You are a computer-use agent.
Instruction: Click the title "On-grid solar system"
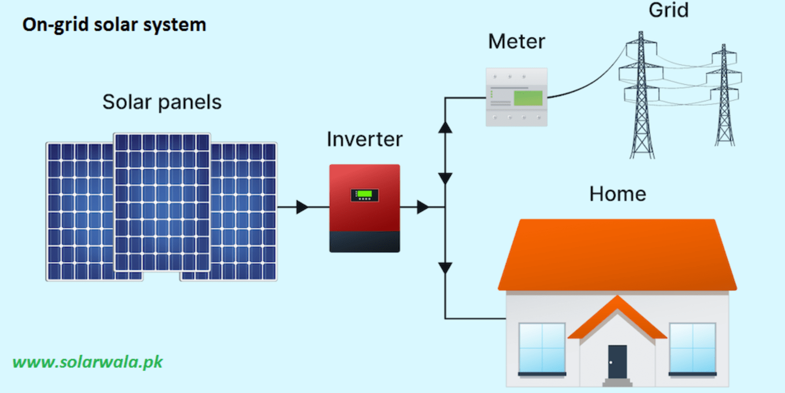click(114, 25)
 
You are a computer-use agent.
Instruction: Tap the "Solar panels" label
click(162, 102)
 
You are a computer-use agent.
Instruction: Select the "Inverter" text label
click(364, 139)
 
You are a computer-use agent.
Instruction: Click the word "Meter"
click(516, 42)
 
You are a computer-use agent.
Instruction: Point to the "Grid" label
click(668, 10)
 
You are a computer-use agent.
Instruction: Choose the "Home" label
click(617, 194)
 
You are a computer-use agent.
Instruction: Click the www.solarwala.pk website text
click(87, 362)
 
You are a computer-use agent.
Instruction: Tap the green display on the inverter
click(364, 194)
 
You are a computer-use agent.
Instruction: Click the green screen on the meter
click(527, 98)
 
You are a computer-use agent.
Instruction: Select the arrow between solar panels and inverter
click(302, 207)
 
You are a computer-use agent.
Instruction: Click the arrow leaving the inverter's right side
click(423, 207)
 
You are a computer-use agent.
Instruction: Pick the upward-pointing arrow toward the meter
click(446, 127)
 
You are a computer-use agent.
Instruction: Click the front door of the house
click(617, 361)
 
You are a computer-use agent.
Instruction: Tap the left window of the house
click(542, 348)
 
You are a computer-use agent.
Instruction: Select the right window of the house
click(692, 348)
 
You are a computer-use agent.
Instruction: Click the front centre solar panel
click(161, 202)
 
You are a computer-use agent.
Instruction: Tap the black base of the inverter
click(364, 241)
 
